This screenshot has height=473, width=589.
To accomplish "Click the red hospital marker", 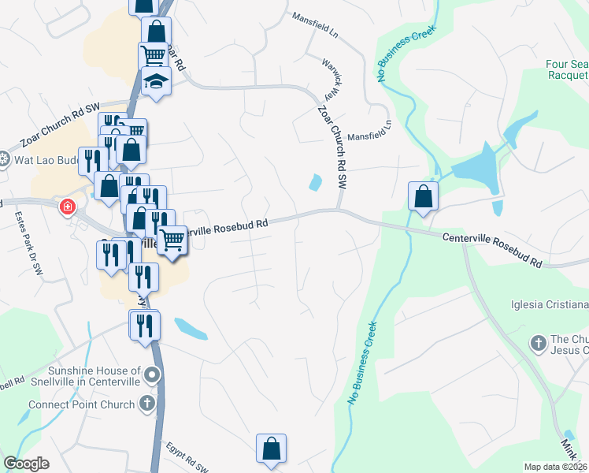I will pos(68,207).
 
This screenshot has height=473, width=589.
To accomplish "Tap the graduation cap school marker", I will pos(156,81).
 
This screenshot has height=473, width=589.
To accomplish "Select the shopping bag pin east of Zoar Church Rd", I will pos(424,196).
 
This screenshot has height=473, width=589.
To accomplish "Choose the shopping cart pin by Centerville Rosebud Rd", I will pos(172,239).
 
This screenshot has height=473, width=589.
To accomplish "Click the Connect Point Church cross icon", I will pos(146,404).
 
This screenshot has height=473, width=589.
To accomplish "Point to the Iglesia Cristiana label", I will pos(549,305).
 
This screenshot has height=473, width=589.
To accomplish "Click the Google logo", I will pos(26,464).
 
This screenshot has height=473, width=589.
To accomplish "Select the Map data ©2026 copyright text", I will pos(555,467).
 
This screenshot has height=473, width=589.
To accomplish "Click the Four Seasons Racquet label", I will pos(567,69).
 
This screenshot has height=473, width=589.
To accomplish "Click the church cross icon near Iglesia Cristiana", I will pos(538,343).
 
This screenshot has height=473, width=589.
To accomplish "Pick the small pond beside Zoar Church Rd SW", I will pos(316,183).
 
